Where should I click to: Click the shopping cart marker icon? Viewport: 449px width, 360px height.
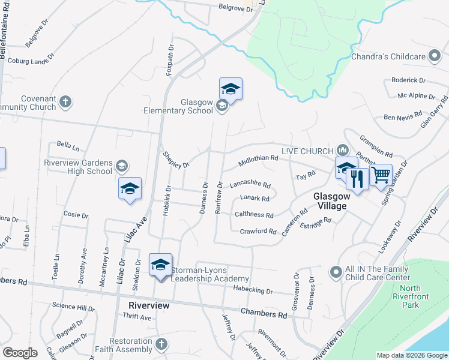point(381,175)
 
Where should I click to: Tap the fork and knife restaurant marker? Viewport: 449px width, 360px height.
point(358,178)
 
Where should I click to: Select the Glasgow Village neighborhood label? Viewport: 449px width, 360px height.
point(330,201)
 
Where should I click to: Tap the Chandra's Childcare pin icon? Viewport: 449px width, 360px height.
point(435,57)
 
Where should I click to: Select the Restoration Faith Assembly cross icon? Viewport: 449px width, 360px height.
point(160,344)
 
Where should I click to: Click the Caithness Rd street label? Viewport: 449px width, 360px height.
point(254,214)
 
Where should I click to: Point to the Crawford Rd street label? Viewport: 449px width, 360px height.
point(258,231)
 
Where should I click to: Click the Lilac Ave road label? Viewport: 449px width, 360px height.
point(136,230)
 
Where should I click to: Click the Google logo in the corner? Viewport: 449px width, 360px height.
point(20,353)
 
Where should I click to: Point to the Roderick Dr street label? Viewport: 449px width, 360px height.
point(408,80)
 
